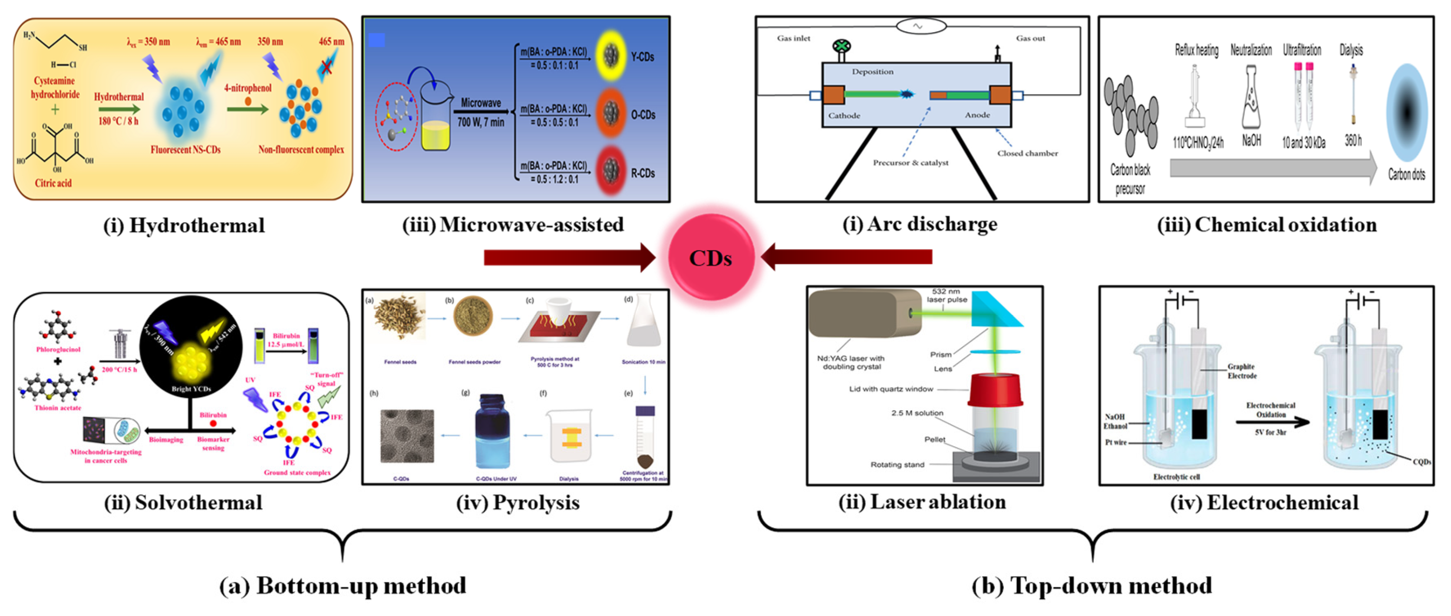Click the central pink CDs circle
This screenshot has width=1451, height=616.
point(711,258)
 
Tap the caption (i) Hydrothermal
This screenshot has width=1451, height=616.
point(184,225)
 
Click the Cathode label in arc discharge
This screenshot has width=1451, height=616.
point(844,115)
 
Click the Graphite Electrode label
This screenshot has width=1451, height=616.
point(1242,371)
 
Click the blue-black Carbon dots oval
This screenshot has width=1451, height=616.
point(1407,112)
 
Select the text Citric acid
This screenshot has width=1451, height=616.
point(53,183)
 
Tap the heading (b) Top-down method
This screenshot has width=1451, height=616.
point(1092,586)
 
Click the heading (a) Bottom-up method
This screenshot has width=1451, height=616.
point(343,586)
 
